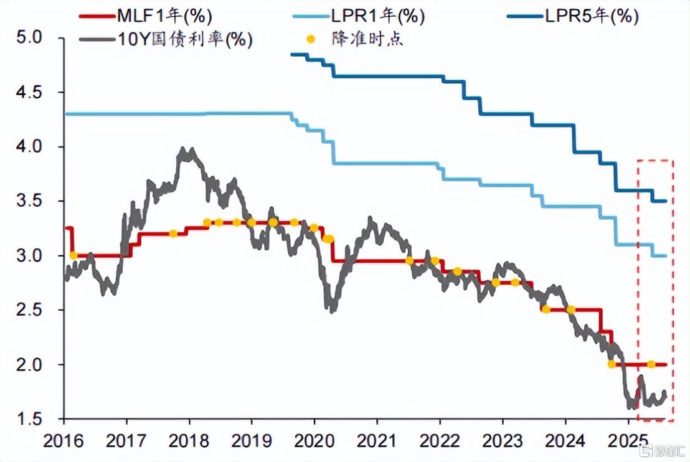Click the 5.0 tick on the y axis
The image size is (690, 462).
[28, 39]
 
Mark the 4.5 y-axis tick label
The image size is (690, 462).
[28, 93]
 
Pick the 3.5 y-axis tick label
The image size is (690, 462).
[28, 202]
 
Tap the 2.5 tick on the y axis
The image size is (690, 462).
[28, 310]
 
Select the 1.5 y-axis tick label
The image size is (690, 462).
[28, 418]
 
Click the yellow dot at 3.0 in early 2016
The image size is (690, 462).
[73, 255]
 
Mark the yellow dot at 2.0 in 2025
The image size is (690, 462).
[651, 364]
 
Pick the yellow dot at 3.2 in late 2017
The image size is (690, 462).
[173, 233]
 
